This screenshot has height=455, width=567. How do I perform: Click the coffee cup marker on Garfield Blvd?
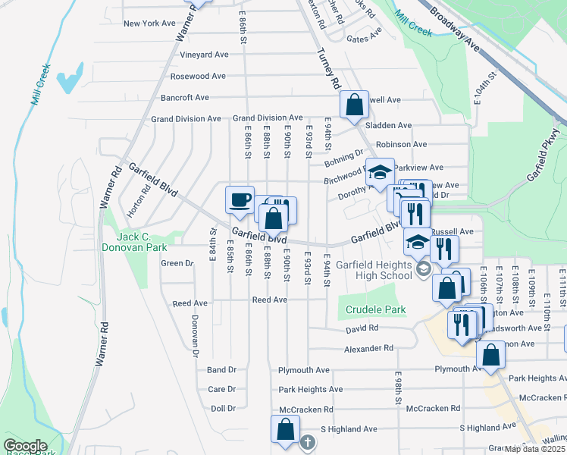(x=240, y=199)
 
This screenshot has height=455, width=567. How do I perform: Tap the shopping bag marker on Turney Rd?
(x=354, y=105)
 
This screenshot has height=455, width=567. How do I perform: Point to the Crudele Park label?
(x=376, y=309)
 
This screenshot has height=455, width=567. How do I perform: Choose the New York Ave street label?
(x=149, y=24)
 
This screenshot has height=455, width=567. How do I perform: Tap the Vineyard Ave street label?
(x=204, y=55)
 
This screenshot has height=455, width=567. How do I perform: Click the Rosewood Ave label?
(x=198, y=76)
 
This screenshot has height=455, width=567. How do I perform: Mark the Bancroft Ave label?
(x=184, y=97)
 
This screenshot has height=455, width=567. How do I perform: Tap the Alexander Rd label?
(x=369, y=348)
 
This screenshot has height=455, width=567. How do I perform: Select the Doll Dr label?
(x=224, y=408)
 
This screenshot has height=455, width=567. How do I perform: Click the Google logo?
(x=24, y=446)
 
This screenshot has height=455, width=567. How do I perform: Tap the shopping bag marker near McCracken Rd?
(x=284, y=429)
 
